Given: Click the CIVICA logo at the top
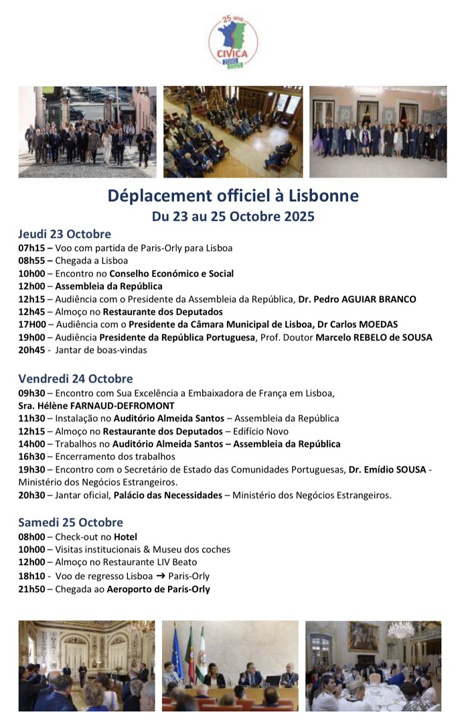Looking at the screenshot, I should pyautogui.click(x=232, y=42).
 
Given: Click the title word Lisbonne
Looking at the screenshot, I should pyautogui.click(x=324, y=196).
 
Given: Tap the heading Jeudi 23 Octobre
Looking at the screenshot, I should pyautogui.click(x=64, y=234).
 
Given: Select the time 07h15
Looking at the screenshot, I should pyautogui.click(x=31, y=248).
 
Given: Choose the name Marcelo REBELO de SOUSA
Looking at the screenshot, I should pyautogui.click(x=374, y=337).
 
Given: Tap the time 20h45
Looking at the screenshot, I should pyautogui.click(x=31, y=350).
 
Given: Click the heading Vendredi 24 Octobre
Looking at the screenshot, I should pyautogui.click(x=75, y=379).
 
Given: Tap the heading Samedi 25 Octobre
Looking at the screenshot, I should pyautogui.click(x=70, y=522).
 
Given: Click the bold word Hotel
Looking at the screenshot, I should pyautogui.click(x=125, y=536).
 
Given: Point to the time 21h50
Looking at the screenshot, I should pyautogui.click(x=31, y=589).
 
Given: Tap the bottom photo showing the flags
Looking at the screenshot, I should pyautogui.click(x=230, y=665).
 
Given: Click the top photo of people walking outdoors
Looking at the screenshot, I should pyautogui.click(x=87, y=131).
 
